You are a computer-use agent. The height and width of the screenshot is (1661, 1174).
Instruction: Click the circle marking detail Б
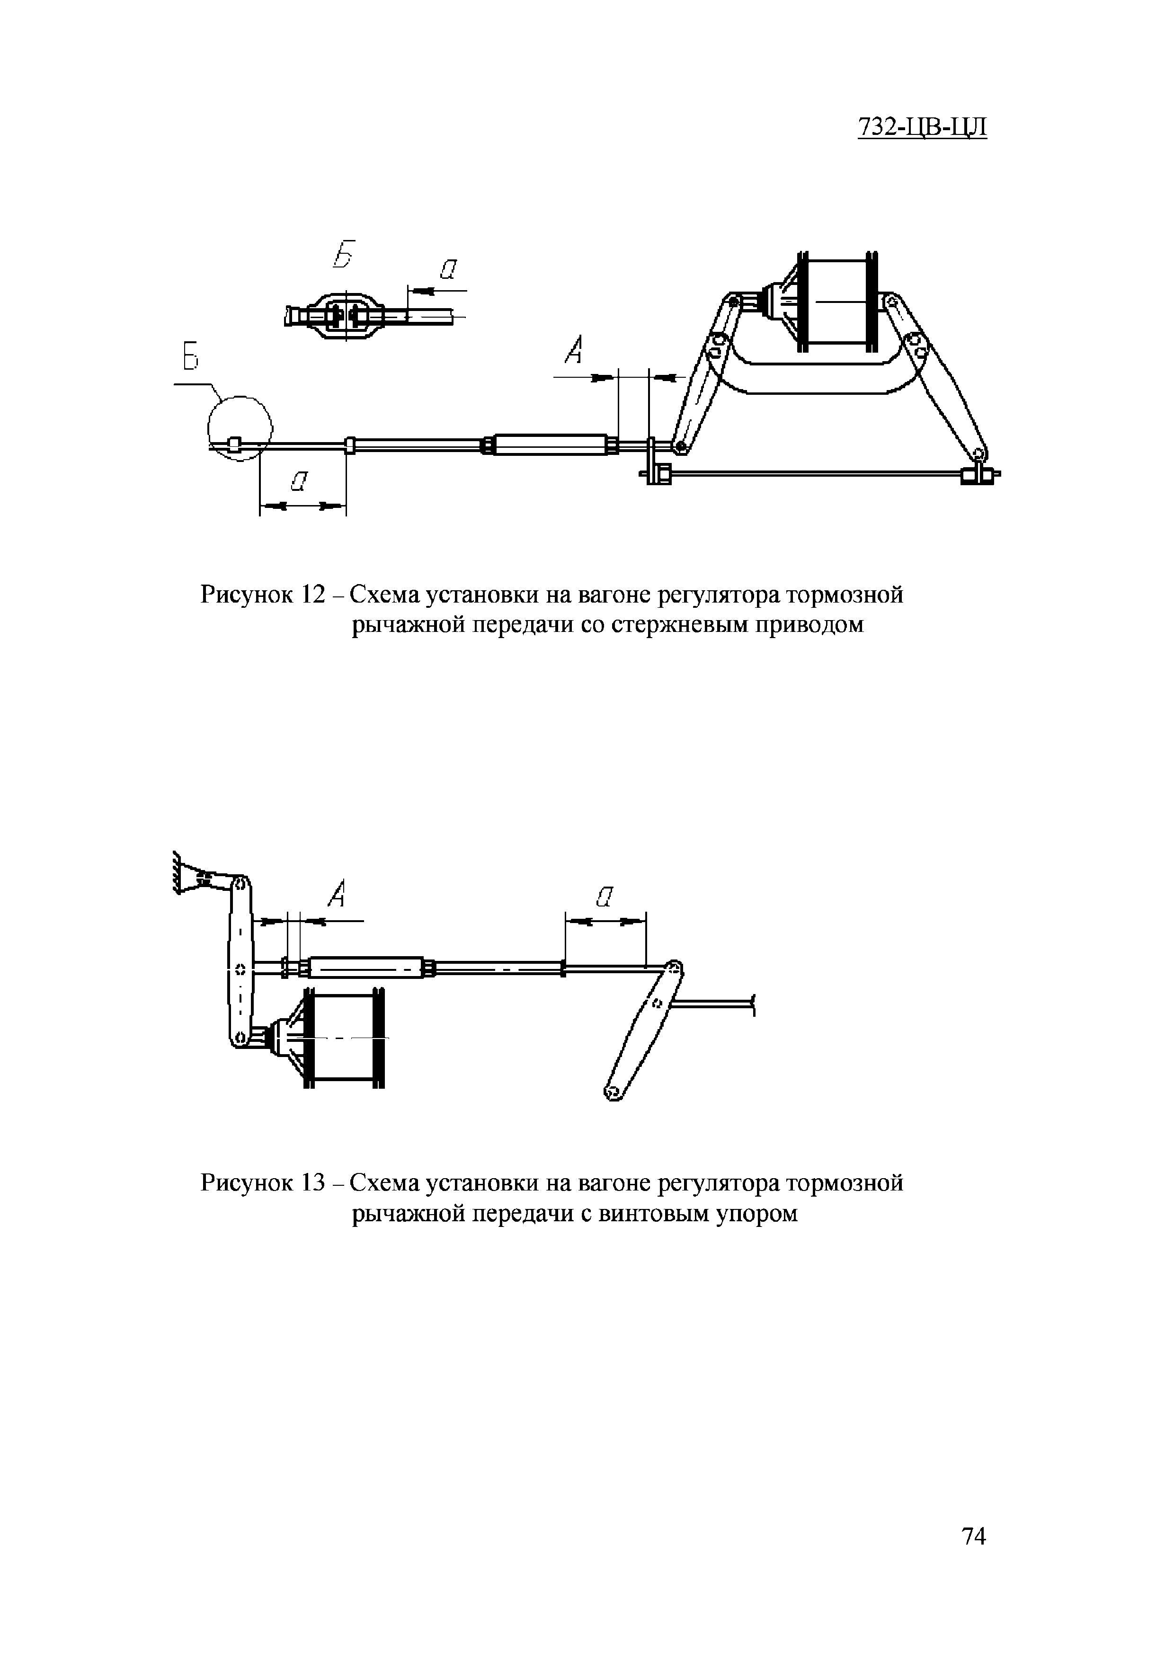click(x=240, y=427)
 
